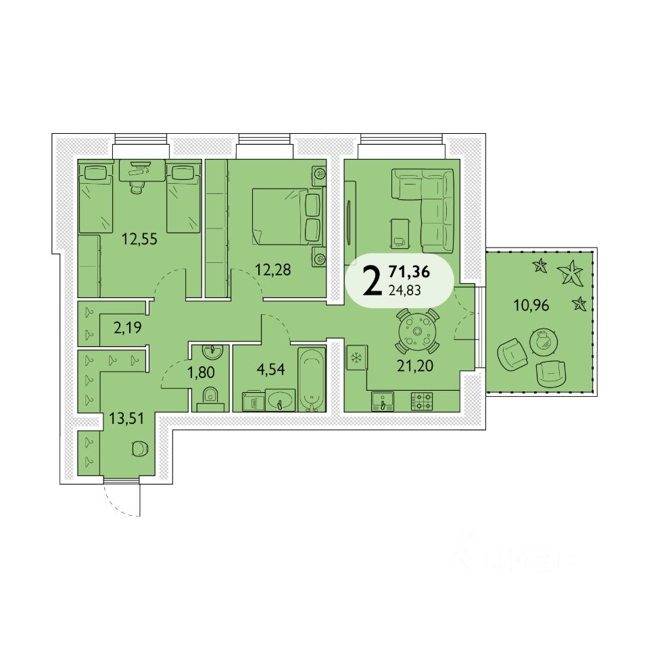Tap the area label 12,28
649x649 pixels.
(x=274, y=270)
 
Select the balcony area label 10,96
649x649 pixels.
(x=532, y=305)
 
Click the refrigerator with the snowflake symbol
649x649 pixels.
(x=356, y=358)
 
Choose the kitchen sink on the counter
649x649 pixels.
(x=383, y=401)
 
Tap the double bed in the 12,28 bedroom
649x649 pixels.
(x=285, y=216)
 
